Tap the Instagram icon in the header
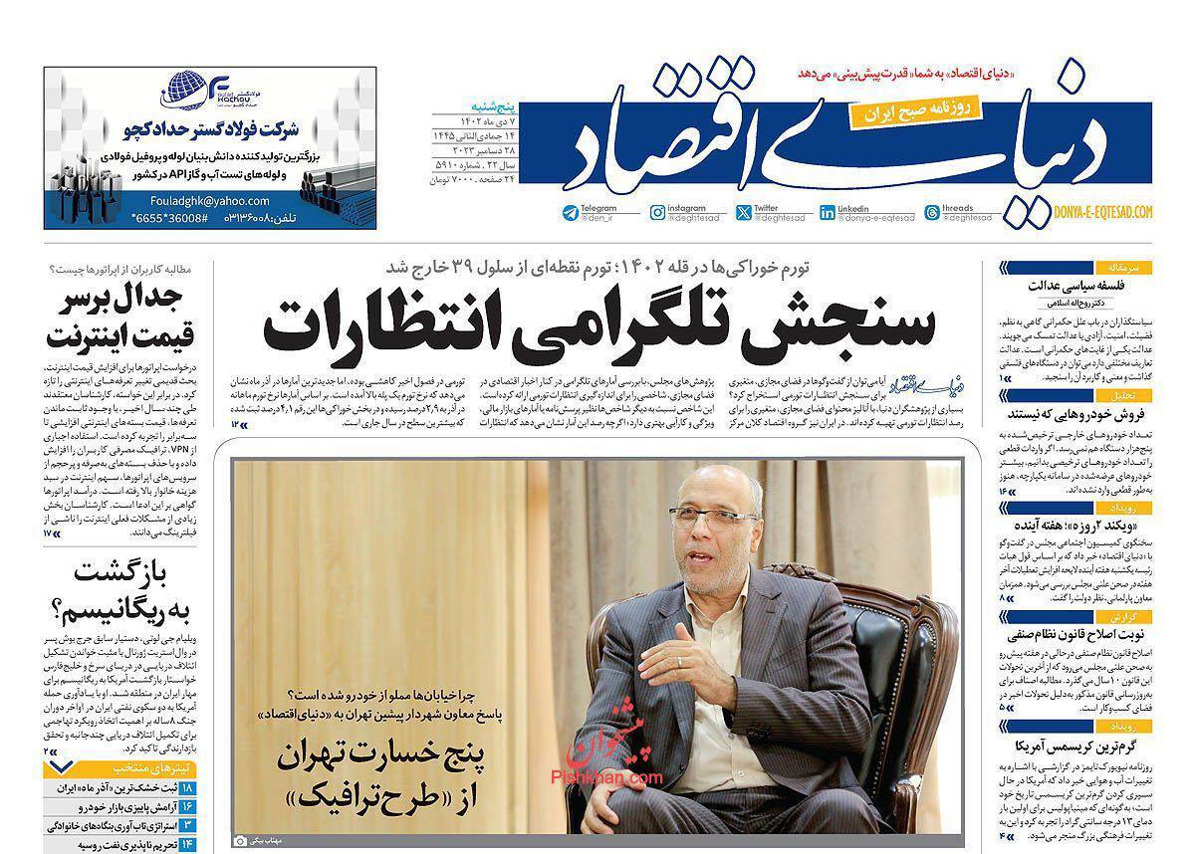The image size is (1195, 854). click(657, 212)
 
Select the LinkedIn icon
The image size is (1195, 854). click(828, 212)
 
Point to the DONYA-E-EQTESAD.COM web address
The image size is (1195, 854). click(1102, 212)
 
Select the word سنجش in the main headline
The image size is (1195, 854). click(853, 325)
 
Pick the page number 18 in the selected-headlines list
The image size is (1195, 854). click(187, 787)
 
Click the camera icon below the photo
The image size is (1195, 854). click(239, 841)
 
